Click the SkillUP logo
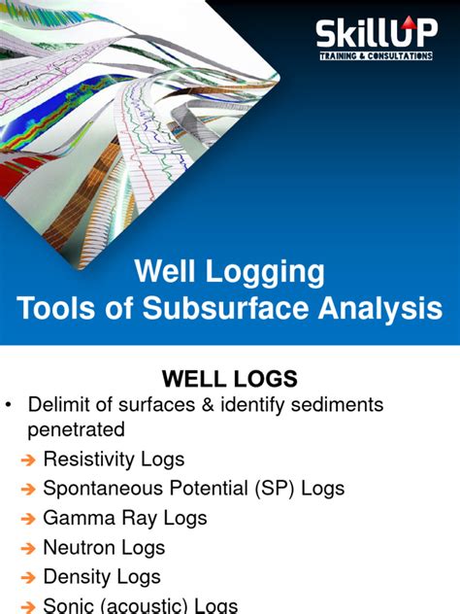point(377,39)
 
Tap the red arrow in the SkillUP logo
point(407,27)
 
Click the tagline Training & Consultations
point(377,57)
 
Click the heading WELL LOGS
point(230,377)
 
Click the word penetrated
point(76,428)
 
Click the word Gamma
point(77,518)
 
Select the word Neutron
point(80,548)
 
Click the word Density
point(78,577)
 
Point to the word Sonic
point(69,606)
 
